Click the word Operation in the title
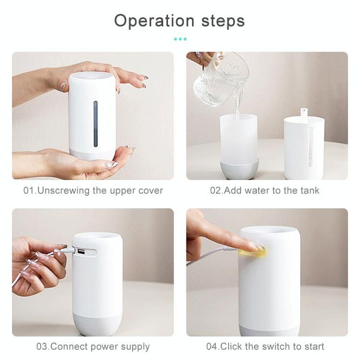point(154,21)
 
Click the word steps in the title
point(223,22)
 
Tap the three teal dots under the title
point(180,39)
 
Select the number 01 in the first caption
point(29,191)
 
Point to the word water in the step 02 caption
point(257,191)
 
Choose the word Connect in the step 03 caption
point(67,346)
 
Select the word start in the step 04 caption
point(314,346)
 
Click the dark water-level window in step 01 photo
point(95,124)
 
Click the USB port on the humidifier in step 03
point(80,252)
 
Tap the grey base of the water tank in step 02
point(239,169)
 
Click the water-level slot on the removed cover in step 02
point(310,147)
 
